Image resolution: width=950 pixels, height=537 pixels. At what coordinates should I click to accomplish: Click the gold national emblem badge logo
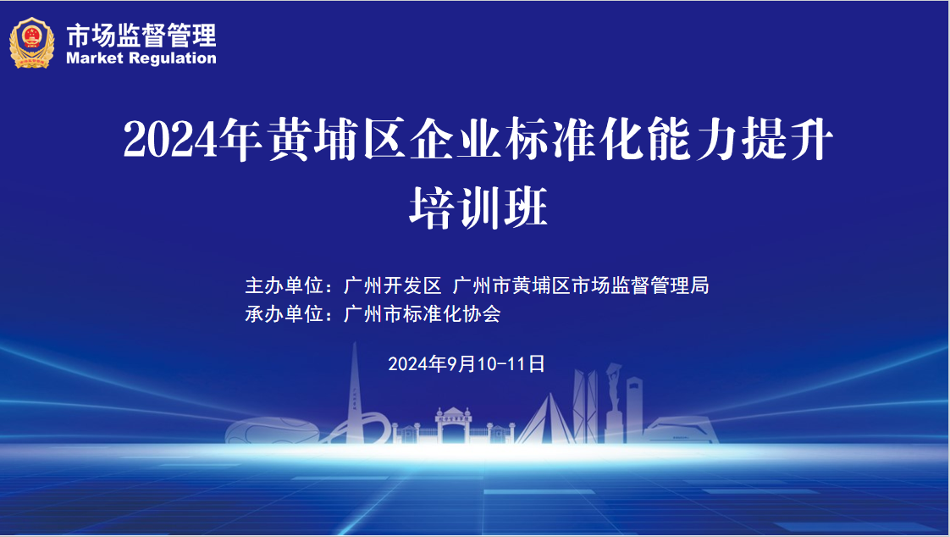(31, 42)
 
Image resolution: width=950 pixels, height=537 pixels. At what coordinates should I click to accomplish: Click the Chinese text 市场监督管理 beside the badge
(141, 36)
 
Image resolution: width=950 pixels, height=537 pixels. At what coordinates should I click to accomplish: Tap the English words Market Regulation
(141, 58)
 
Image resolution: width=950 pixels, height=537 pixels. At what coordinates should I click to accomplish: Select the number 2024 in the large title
(170, 140)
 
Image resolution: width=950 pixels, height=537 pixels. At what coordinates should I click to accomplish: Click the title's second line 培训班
(478, 208)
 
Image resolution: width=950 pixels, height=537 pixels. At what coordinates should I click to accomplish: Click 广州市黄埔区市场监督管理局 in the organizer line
(581, 285)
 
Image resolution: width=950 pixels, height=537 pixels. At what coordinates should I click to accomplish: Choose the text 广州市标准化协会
(422, 314)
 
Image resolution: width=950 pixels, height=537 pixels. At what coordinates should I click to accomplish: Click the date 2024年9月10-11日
(467, 363)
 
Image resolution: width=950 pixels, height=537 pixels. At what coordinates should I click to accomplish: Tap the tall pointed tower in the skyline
(355, 393)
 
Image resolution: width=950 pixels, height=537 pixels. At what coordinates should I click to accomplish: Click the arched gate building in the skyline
(454, 425)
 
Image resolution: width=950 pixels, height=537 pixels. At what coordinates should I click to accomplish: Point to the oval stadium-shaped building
(272, 430)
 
